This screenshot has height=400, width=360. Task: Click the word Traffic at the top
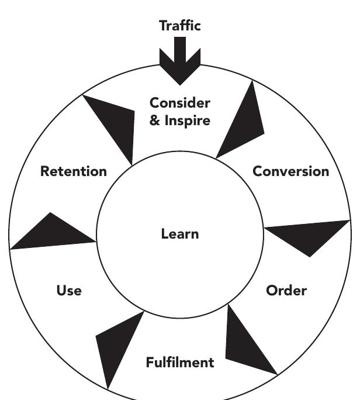point(179,25)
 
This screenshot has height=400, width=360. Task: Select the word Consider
point(179,104)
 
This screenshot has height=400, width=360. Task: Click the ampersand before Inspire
point(155,121)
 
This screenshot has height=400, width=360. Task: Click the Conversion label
point(290,171)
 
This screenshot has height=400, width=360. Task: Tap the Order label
point(286,291)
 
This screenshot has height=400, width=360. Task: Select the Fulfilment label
point(179,362)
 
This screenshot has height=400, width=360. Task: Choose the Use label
point(69,291)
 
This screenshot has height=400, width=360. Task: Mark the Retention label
point(74,171)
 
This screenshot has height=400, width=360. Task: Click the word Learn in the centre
point(179,235)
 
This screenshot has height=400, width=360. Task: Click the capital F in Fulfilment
point(150,362)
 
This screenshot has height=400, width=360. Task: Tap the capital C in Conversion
point(257,171)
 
